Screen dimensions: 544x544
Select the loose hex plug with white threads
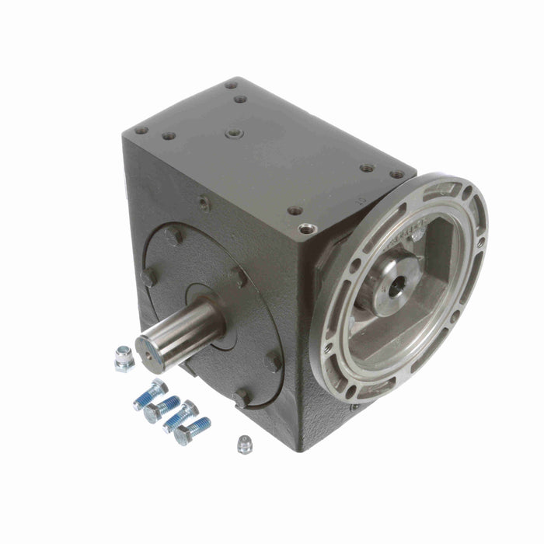pos(124,358)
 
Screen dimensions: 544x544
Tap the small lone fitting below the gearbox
pos(244,444)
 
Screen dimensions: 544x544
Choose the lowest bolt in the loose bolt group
pos(190,431)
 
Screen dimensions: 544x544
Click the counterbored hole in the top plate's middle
pos(234,134)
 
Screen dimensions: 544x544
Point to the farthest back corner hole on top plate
pos(231,85)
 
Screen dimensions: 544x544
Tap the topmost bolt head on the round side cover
pos(173,233)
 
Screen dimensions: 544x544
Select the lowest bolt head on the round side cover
pos(242,398)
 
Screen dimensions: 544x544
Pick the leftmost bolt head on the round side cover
pos(146,277)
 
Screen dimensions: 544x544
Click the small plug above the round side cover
pos(203,204)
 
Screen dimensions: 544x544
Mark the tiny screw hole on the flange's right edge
pos(481,242)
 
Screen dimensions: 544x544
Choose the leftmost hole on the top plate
pos(141,131)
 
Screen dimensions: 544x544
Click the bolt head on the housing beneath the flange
pos(354,406)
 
